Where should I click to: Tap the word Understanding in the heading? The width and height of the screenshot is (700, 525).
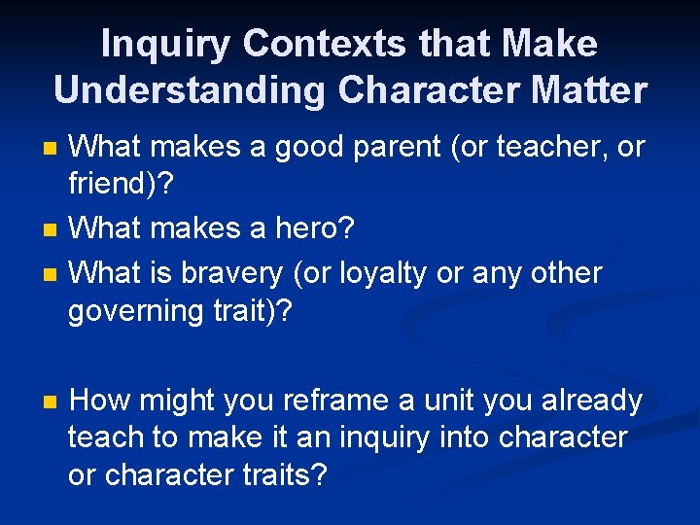190,89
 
